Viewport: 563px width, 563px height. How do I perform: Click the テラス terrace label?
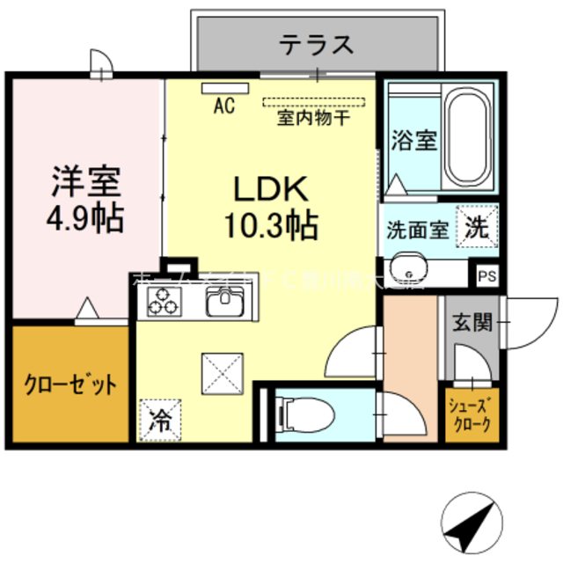(317, 43)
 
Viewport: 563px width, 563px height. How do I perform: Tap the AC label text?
(224, 107)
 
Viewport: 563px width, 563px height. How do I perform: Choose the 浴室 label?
(413, 140)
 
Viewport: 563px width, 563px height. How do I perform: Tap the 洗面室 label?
(418, 230)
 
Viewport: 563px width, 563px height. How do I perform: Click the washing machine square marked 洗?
(476, 225)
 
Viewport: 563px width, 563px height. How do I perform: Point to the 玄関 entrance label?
(472, 322)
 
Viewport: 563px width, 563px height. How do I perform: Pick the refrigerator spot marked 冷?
(158, 417)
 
